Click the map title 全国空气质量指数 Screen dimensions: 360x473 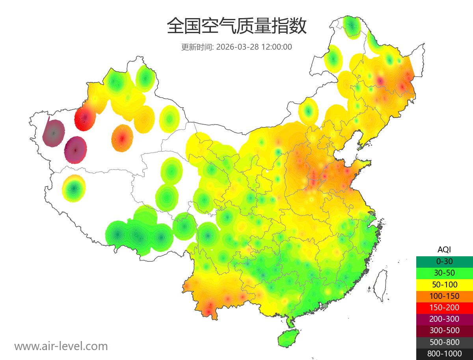236,26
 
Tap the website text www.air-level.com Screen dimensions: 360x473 61,346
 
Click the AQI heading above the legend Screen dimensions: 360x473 444,250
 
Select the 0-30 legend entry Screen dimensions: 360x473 444,261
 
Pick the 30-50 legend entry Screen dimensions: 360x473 444,273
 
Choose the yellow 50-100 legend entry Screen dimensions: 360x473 444,284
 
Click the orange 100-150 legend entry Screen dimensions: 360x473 444,296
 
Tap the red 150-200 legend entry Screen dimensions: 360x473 444,307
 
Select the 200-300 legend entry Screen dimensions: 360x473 444,319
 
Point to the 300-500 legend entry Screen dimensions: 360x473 444,330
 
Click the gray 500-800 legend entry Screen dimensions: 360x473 444,342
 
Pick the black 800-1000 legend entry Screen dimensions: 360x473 444,353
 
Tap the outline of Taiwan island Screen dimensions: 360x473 380,285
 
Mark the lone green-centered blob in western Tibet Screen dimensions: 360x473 74,188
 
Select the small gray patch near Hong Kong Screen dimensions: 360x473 325,306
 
